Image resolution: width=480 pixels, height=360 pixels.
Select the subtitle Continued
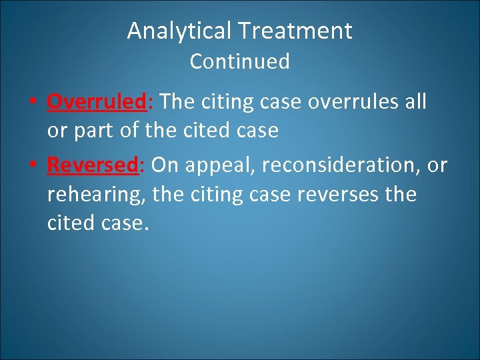pyautogui.click(x=239, y=61)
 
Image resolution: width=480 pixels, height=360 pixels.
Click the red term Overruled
pyautogui.click(x=96, y=102)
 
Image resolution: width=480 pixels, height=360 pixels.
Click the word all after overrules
pyautogui.click(x=415, y=102)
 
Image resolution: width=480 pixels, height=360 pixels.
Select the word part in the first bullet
pyautogui.click(x=91, y=131)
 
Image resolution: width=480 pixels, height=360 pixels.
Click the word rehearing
pyautogui.click(x=96, y=195)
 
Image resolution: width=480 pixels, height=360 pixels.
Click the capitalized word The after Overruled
pyautogui.click(x=176, y=102)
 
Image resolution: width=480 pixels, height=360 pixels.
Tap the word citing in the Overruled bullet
pyautogui.click(x=225, y=102)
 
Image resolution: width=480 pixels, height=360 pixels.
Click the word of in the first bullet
pyautogui.click(x=125, y=131)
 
